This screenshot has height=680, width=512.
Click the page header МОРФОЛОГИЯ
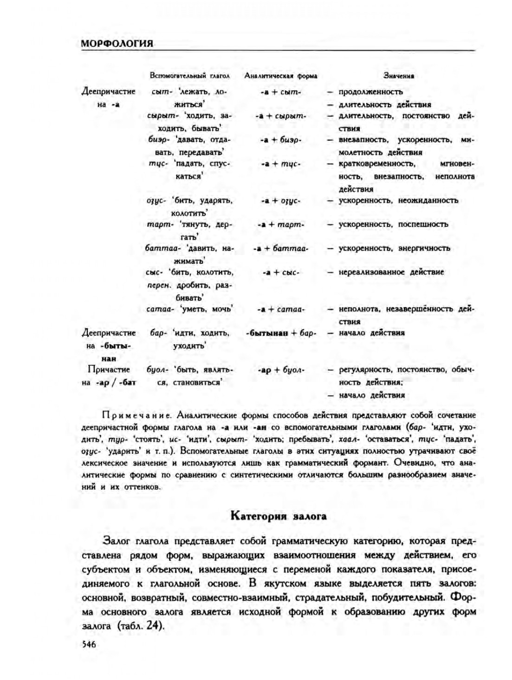[117, 44]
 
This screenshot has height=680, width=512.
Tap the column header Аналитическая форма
[281, 76]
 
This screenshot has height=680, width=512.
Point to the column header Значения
[399, 76]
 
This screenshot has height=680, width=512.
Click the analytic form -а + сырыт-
[281, 116]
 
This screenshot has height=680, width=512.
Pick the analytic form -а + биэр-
[281, 140]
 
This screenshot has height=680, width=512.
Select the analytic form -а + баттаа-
[281, 248]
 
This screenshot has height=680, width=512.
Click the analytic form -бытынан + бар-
[281, 333]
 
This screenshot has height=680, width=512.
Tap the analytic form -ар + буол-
[281, 370]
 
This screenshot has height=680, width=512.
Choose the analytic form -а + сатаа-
[281, 309]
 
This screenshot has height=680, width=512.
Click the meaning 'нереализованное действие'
[391, 272]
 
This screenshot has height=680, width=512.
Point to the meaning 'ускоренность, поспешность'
[393, 225]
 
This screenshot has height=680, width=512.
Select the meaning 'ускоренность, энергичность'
[394, 248]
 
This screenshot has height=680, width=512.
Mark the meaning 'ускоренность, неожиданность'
[398, 200]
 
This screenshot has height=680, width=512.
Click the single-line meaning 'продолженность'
[370, 92]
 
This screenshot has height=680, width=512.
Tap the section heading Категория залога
[279, 516]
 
